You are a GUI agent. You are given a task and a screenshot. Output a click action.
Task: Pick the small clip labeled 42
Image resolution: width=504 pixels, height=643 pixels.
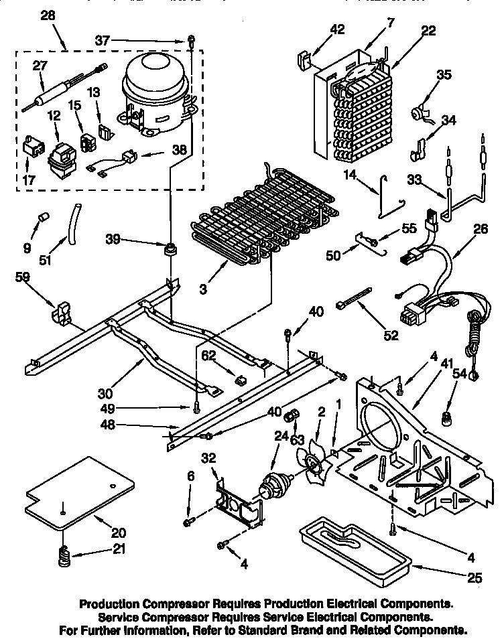point(304,60)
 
